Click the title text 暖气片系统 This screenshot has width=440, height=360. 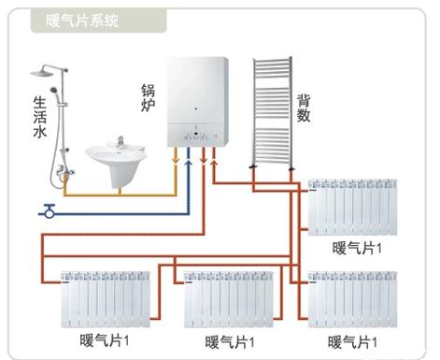82,21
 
